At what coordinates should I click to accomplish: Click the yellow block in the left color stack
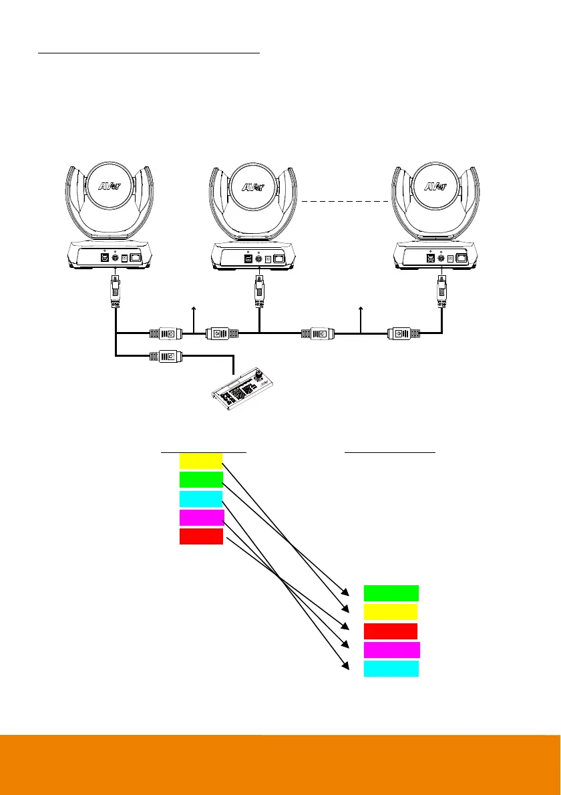201,460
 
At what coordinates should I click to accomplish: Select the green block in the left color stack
201,479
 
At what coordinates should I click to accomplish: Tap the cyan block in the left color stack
201,498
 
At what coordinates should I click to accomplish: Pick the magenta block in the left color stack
201,517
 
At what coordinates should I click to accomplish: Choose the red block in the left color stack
201,536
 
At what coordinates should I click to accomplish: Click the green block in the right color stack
391,593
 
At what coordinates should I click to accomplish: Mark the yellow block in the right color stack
391,612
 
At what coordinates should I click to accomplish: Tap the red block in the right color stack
391,631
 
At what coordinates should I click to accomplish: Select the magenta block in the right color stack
392,650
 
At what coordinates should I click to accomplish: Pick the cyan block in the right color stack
391,669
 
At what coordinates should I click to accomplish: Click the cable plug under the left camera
116,291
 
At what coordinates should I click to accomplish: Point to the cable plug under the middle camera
258,291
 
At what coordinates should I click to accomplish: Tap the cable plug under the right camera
441,291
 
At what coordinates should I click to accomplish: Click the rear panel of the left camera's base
114,256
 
